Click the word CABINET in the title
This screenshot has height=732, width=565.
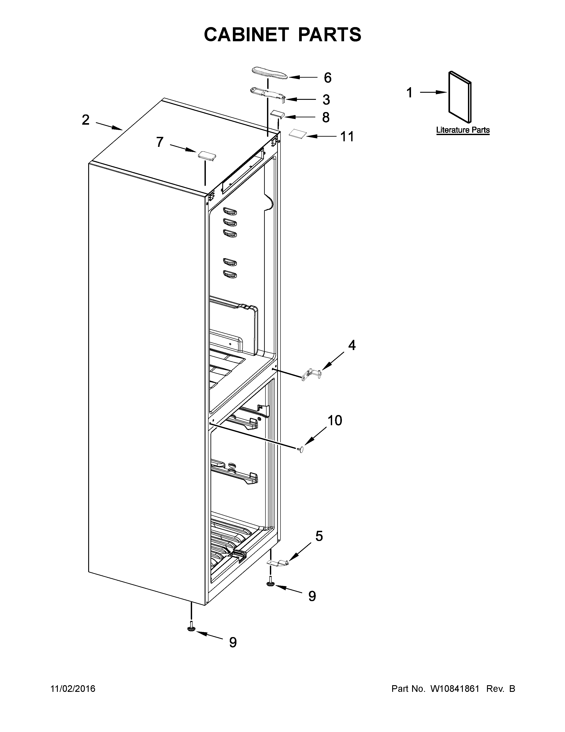246,35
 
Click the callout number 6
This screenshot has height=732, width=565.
327,78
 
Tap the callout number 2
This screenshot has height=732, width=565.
86,120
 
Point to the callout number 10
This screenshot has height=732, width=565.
334,420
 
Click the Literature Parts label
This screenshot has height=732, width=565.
463,130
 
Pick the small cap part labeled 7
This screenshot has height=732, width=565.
207,155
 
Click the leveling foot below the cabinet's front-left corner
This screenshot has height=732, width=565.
191,629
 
